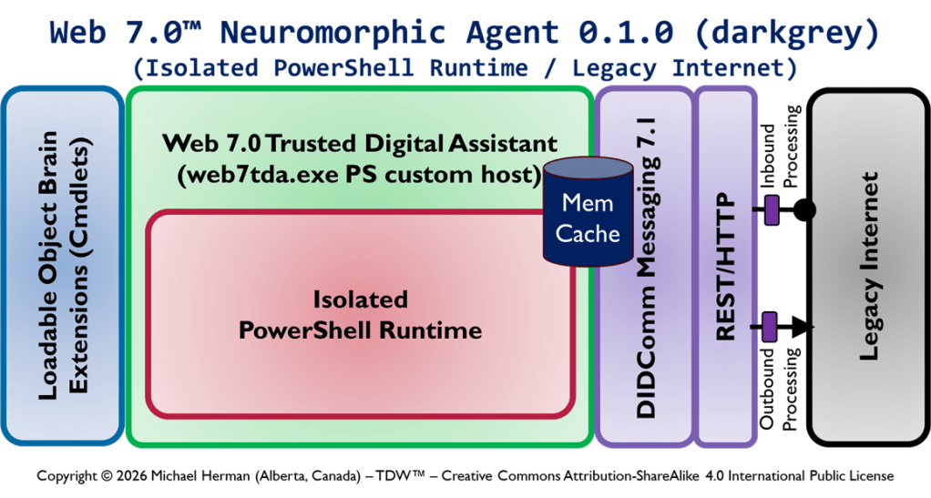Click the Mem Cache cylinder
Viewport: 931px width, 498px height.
pos(588,218)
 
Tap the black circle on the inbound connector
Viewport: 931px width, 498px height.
pos(803,210)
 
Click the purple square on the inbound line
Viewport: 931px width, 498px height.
pos(771,210)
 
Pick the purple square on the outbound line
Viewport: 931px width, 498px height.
pos(770,324)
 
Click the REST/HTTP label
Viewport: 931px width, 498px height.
pos(726,268)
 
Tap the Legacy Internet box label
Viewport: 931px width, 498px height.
pos(869,266)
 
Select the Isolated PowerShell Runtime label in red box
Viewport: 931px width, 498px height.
pos(360,314)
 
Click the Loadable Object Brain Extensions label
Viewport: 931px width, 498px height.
pos(63,266)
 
